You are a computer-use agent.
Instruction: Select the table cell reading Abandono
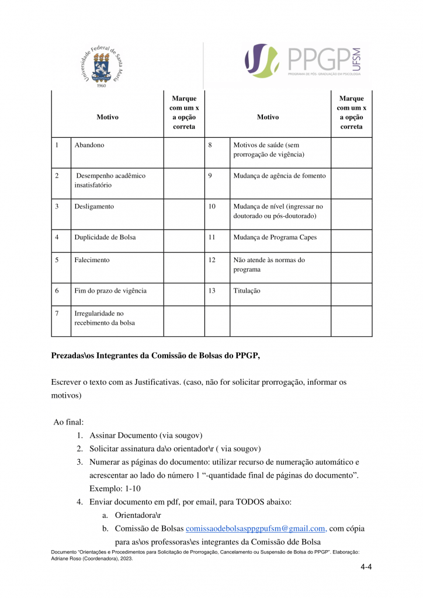tap(89, 145)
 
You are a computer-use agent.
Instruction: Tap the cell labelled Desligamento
tap(94, 206)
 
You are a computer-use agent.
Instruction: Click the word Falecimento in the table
tap(92, 260)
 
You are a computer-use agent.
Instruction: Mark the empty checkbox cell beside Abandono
tap(183, 152)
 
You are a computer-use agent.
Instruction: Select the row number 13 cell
tap(212, 291)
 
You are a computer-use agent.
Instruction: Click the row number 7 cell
tap(57, 314)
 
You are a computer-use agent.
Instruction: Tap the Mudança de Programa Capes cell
tap(275, 238)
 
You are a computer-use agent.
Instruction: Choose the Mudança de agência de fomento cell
tap(280, 176)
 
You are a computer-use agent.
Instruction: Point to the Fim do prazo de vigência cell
tap(110, 291)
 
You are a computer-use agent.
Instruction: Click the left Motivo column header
tap(108, 117)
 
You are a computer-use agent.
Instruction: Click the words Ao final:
tap(68, 422)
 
